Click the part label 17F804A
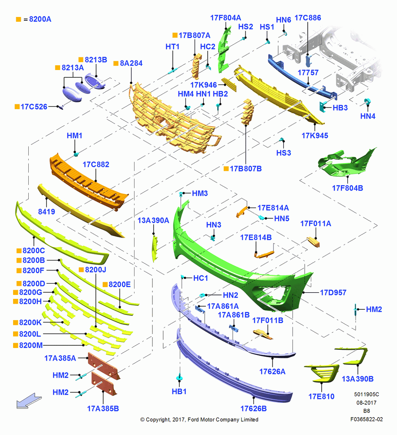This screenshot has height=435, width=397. pos(225,18)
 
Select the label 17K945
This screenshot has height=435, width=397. pos(315,136)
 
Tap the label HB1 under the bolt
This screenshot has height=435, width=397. pos(179,391)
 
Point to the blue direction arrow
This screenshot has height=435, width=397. pos(29,401)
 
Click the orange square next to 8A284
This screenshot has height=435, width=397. pos(116,64)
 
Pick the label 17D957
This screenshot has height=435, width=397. pos(333,292)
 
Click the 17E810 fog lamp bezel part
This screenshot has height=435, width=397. pos(322,373)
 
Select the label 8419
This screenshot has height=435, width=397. pos(47,212)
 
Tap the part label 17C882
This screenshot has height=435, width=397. pos(96,164)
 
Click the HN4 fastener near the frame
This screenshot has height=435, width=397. pos(367,102)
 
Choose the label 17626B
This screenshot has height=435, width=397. pos(253,408)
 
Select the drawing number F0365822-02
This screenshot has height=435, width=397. pos(367,419)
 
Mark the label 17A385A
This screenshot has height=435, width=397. pos(60,358)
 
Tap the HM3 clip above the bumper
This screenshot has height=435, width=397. pos(181,194)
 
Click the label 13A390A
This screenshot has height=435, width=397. pos(153,220)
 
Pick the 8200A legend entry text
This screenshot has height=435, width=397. pos(40,19)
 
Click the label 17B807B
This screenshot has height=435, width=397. pos(246,169)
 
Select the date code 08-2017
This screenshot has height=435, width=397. pos(367,402)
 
